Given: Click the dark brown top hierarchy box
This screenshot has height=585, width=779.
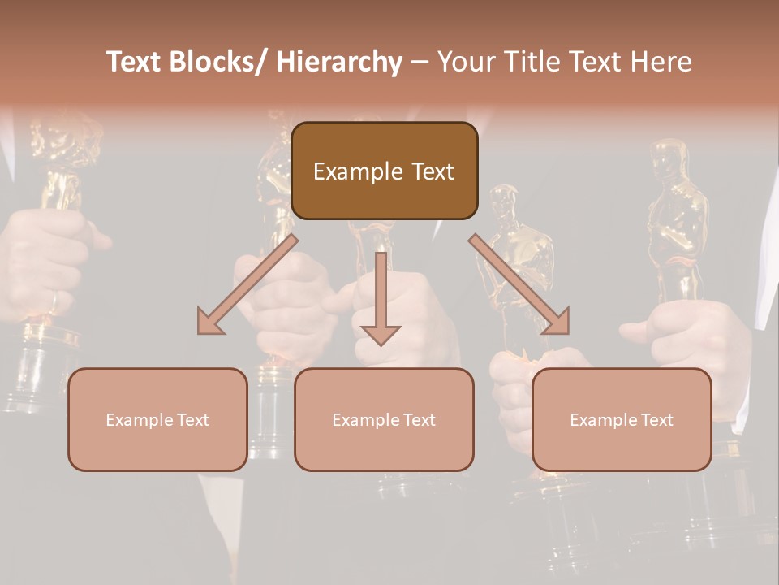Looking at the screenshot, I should pos(384,171).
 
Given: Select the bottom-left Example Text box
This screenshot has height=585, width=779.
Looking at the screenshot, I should pos(157,419).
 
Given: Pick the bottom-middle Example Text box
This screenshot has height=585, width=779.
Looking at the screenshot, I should pos(384,419).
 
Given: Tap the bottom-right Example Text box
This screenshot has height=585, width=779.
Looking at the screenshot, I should pos(622,419).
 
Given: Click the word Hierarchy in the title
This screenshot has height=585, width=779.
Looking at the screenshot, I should pos(339,63).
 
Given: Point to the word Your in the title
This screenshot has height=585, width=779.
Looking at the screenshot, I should pos(464,62).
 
